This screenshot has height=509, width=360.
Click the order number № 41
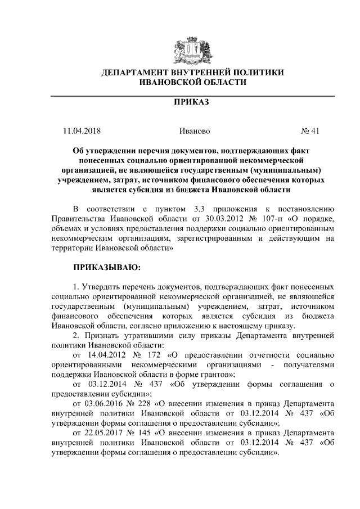(x=310, y=131)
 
